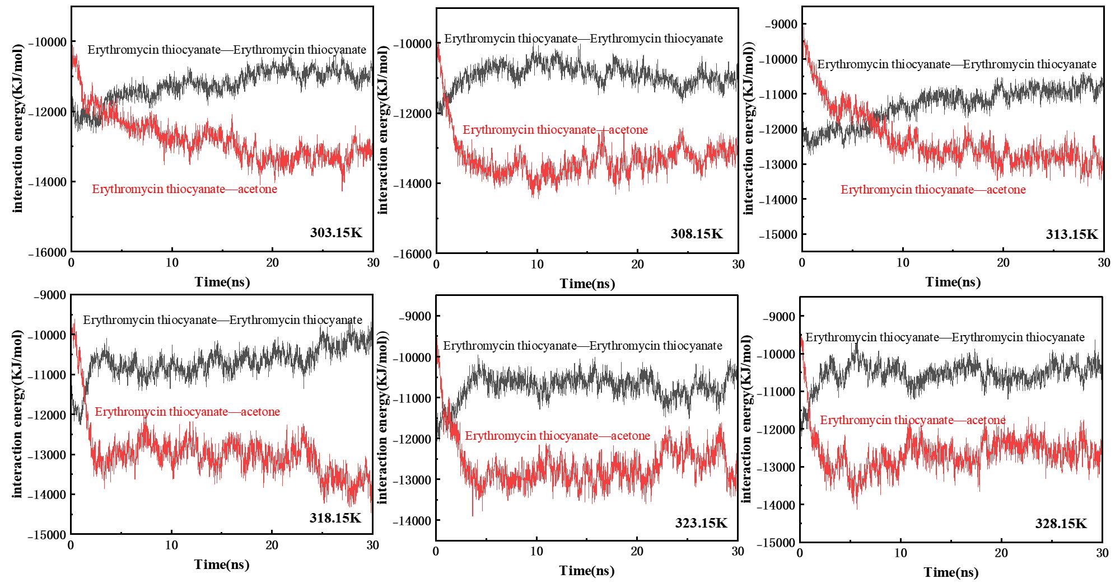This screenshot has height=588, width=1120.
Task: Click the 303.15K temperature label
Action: tap(336, 232)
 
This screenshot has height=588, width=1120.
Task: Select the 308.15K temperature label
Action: tap(697, 234)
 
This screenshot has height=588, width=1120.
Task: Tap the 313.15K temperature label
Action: tap(1072, 234)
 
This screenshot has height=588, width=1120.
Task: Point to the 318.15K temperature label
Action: tap(335, 518)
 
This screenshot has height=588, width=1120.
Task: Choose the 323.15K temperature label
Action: tap(701, 523)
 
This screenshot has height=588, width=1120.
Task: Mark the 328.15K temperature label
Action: tap(1061, 524)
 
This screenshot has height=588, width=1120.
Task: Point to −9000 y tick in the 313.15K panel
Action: tap(781, 24)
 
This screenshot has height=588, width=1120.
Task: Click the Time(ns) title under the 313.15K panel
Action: tap(953, 282)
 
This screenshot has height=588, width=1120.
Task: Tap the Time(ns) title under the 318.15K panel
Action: tap(222, 565)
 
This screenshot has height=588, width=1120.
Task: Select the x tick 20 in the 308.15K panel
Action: tap(637, 265)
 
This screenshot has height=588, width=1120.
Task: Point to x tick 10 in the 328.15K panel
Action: tap(900, 553)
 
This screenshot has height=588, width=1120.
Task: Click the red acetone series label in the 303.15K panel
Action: tap(184, 189)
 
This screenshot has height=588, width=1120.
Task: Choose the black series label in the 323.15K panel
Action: tap(582, 346)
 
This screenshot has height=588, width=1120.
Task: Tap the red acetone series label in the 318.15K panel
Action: tap(187, 412)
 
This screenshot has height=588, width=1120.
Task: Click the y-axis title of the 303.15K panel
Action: tap(18, 128)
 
